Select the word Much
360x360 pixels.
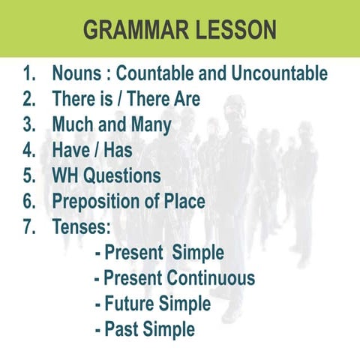click(x=75, y=124)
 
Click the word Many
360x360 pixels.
click(x=151, y=124)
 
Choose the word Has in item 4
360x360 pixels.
click(x=118, y=150)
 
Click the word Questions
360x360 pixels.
click(x=124, y=175)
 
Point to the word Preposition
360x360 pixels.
click(x=97, y=201)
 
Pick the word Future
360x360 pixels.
click(x=132, y=304)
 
